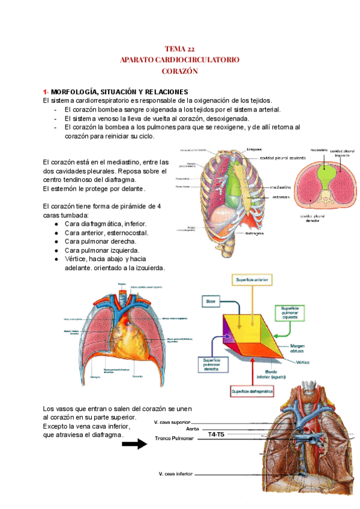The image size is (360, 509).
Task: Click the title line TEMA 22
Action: [x=179, y=49]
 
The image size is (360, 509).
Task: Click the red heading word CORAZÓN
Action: [x=179, y=71]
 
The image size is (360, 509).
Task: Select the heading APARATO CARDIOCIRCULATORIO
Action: [x=179, y=60]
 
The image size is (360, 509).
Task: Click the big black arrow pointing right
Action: [x=134, y=444]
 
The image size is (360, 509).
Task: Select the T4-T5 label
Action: [x=216, y=434]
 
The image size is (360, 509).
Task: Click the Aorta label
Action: [x=193, y=429]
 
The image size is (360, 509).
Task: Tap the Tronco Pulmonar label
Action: [x=174, y=438]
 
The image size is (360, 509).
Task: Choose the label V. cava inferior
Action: [x=176, y=474]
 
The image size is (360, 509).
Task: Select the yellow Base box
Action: [x=211, y=298]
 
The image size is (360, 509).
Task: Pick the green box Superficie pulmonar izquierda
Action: [x=287, y=312]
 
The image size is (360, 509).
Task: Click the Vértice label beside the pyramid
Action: [x=285, y=363]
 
